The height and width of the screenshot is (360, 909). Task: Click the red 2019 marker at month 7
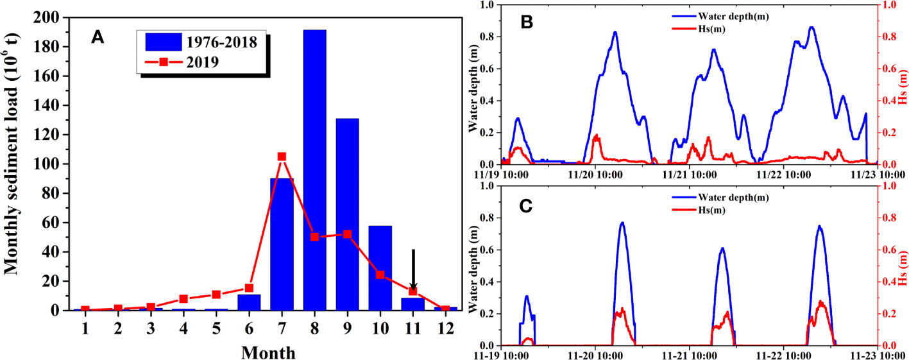click(x=282, y=157)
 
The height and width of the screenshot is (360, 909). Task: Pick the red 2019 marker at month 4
click(x=183, y=299)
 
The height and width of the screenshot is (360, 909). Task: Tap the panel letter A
click(x=98, y=38)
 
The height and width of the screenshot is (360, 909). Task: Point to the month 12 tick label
click(x=445, y=328)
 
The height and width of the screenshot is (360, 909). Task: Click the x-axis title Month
click(x=268, y=352)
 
